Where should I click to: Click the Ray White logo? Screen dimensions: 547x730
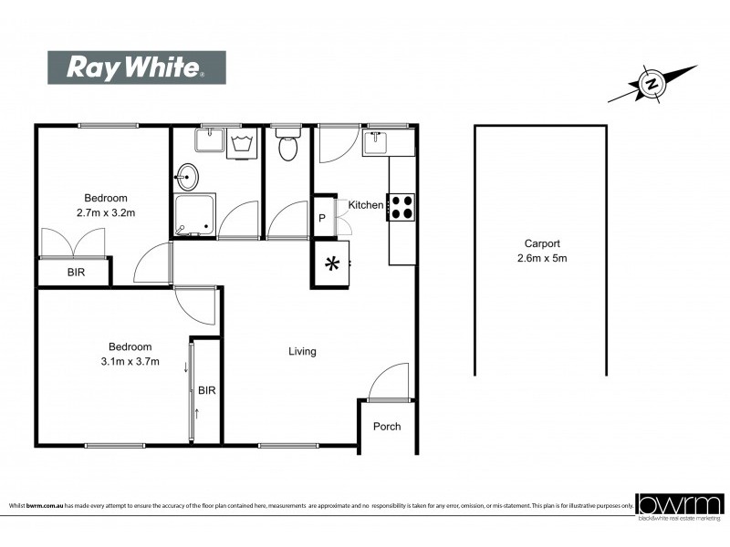137,67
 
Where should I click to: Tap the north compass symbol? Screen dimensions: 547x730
652,84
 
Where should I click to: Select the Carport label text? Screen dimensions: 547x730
541,243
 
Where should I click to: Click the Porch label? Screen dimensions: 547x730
387,427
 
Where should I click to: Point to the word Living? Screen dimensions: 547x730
302,351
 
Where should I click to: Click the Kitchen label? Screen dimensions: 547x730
366,205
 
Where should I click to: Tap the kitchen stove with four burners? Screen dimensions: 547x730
401,207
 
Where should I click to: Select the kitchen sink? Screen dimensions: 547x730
377,142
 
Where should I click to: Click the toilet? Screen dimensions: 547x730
288,146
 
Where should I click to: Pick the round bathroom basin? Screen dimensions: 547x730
188,175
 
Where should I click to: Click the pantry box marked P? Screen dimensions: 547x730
322,218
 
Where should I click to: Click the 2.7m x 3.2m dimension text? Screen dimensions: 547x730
105,214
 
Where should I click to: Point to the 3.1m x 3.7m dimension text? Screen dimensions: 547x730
130,362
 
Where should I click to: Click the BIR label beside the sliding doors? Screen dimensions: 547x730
207,390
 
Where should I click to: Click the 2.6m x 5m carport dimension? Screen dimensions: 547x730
541,258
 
